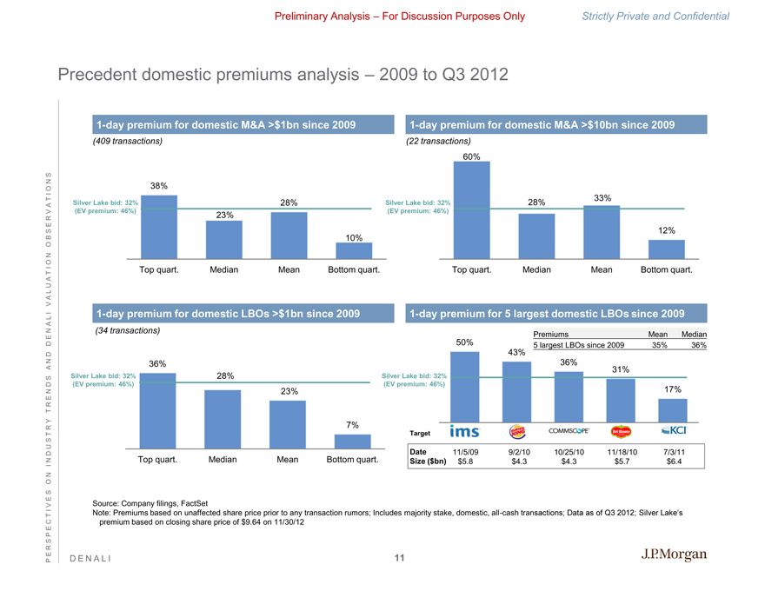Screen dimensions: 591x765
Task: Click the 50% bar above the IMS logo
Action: pyautogui.click(x=464, y=385)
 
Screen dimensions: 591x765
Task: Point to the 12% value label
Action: pyautogui.click(x=667, y=230)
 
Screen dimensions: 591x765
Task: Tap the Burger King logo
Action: pyautogui.click(x=516, y=431)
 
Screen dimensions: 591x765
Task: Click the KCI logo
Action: pyautogui.click(x=674, y=431)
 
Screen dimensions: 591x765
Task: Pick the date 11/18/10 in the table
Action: pyautogui.click(x=622, y=452)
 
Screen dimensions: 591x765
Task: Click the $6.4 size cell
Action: pyautogui.click(x=674, y=462)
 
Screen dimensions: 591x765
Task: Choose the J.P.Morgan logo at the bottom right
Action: pyautogui.click(x=674, y=555)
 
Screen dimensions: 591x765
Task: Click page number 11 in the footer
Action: pyautogui.click(x=399, y=557)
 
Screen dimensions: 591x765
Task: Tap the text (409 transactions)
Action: pyautogui.click(x=127, y=141)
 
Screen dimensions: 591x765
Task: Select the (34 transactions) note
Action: pyautogui.click(x=127, y=330)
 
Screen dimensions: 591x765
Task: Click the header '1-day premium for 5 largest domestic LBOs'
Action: pyautogui.click(x=546, y=313)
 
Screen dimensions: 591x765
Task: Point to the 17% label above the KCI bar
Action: pyautogui.click(x=672, y=389)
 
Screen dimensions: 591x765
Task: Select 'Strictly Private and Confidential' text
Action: pyautogui.click(x=668, y=16)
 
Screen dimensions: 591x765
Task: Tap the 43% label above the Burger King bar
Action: pyautogui.click(x=516, y=352)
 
